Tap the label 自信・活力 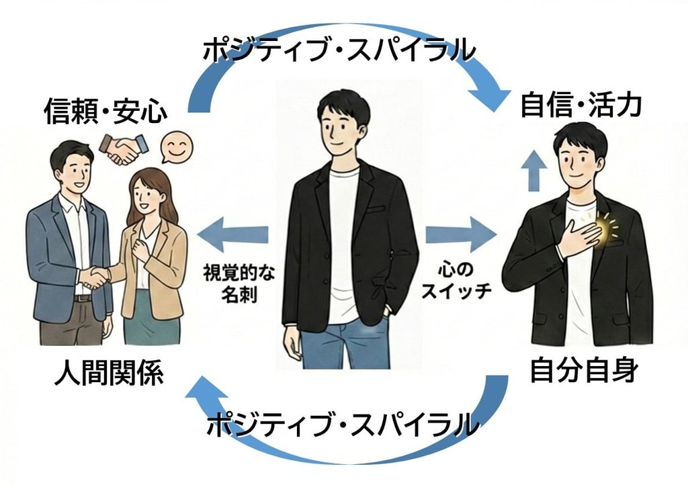(x=581, y=105)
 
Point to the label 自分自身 (x=583, y=370)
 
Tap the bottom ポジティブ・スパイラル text (x=343, y=425)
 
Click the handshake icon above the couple (x=124, y=148)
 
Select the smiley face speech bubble (x=176, y=147)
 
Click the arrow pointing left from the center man (x=232, y=234)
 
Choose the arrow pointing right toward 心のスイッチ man (x=461, y=235)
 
